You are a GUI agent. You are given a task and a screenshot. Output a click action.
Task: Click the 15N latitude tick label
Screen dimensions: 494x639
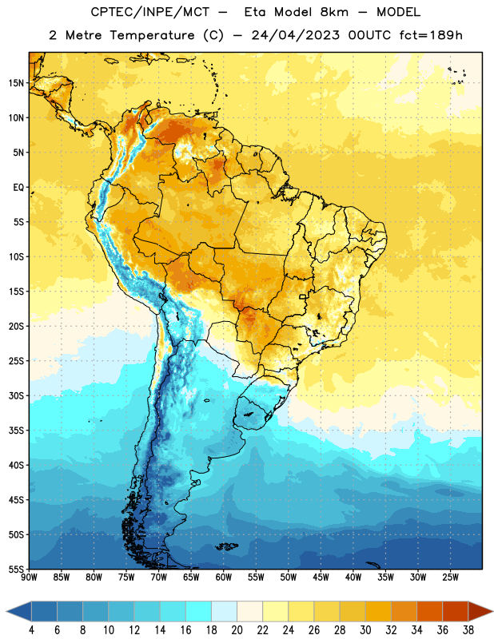(16, 83)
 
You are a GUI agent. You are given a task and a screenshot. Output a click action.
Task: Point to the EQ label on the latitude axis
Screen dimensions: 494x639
(18, 188)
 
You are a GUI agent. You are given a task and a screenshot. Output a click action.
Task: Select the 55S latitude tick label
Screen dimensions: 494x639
(16, 569)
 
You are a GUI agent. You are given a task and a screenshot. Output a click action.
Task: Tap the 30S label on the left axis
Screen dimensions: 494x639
(16, 395)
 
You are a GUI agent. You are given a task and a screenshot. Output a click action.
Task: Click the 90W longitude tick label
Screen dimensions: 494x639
(30, 577)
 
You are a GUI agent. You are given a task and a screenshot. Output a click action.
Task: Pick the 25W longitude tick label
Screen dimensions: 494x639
(450, 577)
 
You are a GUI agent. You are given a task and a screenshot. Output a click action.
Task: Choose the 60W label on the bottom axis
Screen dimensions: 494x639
(224, 577)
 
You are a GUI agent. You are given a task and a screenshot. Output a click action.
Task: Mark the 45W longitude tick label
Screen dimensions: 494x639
(321, 577)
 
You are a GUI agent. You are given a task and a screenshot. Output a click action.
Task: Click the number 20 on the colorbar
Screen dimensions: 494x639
(237, 630)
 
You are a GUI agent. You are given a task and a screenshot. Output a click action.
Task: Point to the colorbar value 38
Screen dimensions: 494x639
(468, 630)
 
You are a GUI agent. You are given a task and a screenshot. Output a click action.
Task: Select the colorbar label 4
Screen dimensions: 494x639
(31, 630)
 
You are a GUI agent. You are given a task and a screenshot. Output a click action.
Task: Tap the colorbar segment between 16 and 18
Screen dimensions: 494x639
(199, 611)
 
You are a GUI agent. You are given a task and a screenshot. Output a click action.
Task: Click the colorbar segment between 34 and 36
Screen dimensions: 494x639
(430, 611)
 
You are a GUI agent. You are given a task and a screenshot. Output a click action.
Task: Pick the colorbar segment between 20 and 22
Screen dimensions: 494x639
(250, 611)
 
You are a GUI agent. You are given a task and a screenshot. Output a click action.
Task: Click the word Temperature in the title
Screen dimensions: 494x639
(152, 35)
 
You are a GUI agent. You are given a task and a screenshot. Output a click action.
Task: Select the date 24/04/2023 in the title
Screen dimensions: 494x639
(295, 35)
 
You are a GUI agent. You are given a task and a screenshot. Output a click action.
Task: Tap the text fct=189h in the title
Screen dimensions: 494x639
(431, 35)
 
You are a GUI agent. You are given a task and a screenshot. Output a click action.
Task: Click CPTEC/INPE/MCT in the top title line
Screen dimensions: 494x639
(149, 12)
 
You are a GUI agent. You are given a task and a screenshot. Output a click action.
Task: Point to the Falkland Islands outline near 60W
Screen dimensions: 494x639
(226, 546)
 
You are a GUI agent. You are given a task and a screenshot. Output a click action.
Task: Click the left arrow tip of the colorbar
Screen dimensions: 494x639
(6, 611)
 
